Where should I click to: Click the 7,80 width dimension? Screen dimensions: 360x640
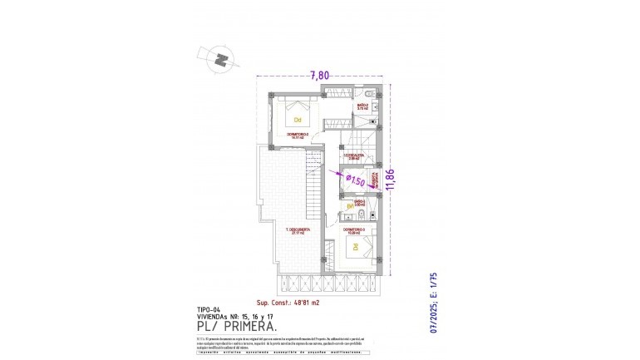click(319, 75)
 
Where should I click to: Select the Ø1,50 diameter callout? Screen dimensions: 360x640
click(355, 179)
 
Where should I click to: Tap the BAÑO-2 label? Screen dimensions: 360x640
click(362, 106)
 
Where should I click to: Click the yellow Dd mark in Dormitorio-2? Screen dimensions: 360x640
click(297, 120)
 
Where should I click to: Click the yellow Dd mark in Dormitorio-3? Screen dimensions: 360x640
click(354, 247)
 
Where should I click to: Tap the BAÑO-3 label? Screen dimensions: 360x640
click(360, 201)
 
